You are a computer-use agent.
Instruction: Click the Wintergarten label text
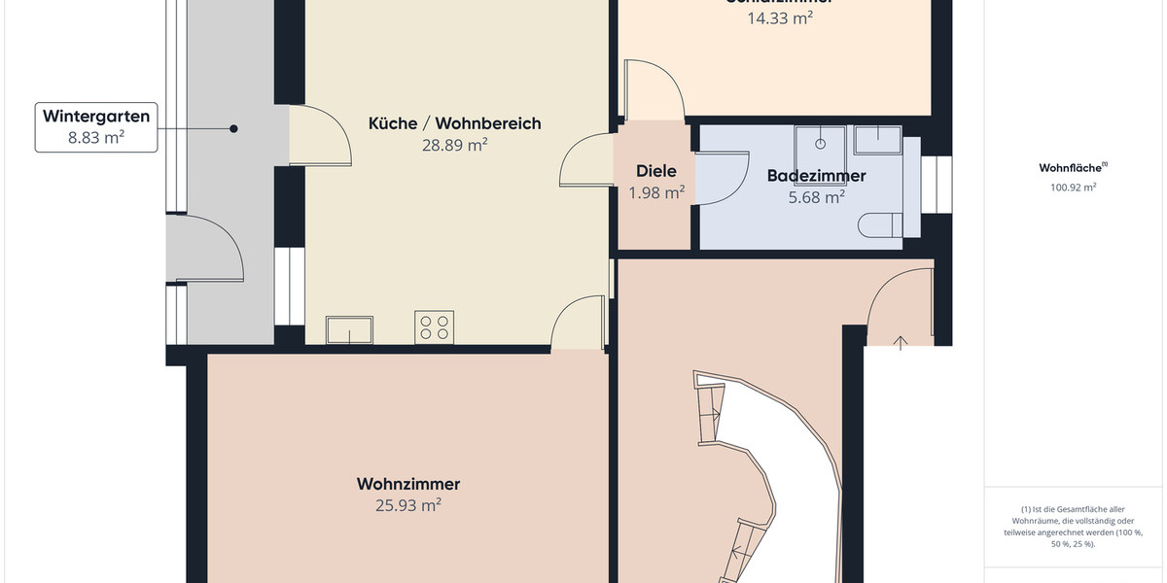click(x=96, y=117)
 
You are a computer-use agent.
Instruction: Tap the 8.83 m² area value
click(x=96, y=138)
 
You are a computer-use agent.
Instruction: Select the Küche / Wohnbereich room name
click(x=454, y=123)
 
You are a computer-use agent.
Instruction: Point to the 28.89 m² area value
click(x=454, y=145)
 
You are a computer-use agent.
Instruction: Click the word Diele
click(x=656, y=172)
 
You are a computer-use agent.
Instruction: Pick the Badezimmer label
click(x=816, y=176)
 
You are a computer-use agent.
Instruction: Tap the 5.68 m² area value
click(x=816, y=197)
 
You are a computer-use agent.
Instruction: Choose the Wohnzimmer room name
click(x=408, y=484)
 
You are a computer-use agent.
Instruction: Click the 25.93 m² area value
click(x=408, y=505)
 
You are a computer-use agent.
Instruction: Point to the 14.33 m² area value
click(x=780, y=17)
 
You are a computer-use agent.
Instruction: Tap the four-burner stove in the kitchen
click(x=434, y=326)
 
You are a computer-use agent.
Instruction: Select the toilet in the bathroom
click(x=879, y=225)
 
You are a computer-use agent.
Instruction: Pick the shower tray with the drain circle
click(x=821, y=142)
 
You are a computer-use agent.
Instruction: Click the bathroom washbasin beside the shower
click(x=877, y=138)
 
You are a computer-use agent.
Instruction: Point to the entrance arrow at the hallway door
click(x=901, y=342)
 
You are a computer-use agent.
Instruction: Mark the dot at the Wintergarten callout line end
click(x=233, y=128)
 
